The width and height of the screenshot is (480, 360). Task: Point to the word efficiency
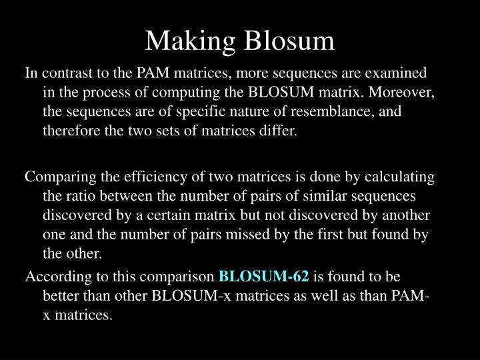coord(143,178)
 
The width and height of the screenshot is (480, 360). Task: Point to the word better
coord(61,295)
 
